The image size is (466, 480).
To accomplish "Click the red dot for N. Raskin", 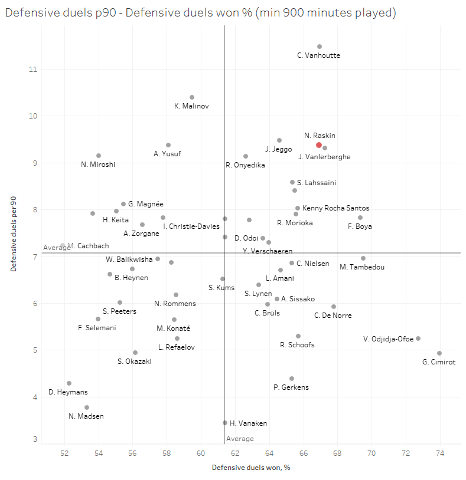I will pos(319,145).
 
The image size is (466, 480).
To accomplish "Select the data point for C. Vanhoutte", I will pos(320,47).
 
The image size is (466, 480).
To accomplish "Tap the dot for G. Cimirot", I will pos(439,353).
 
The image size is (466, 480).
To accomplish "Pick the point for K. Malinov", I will pos(192,97).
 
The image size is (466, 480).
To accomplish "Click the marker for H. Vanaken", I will pos(225,423).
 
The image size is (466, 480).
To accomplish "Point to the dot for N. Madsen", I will pos(87,407).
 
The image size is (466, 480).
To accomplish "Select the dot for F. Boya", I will pos(360,218).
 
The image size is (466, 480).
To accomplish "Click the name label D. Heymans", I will pos(68,393).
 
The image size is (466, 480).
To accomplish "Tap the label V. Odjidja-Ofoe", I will pos(389,339).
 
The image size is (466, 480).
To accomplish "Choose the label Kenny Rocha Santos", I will pos(335,208).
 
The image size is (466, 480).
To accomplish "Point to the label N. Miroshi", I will pos(98,164).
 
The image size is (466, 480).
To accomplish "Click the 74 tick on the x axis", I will pos(439,453).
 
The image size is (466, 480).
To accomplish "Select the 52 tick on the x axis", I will pos(64,453).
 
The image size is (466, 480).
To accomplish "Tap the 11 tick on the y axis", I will pos(32,69).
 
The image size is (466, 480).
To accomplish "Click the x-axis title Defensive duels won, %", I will pos(251,468).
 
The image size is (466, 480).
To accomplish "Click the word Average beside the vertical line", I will pos(240,439).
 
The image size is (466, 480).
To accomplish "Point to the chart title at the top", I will pos(200,12).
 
